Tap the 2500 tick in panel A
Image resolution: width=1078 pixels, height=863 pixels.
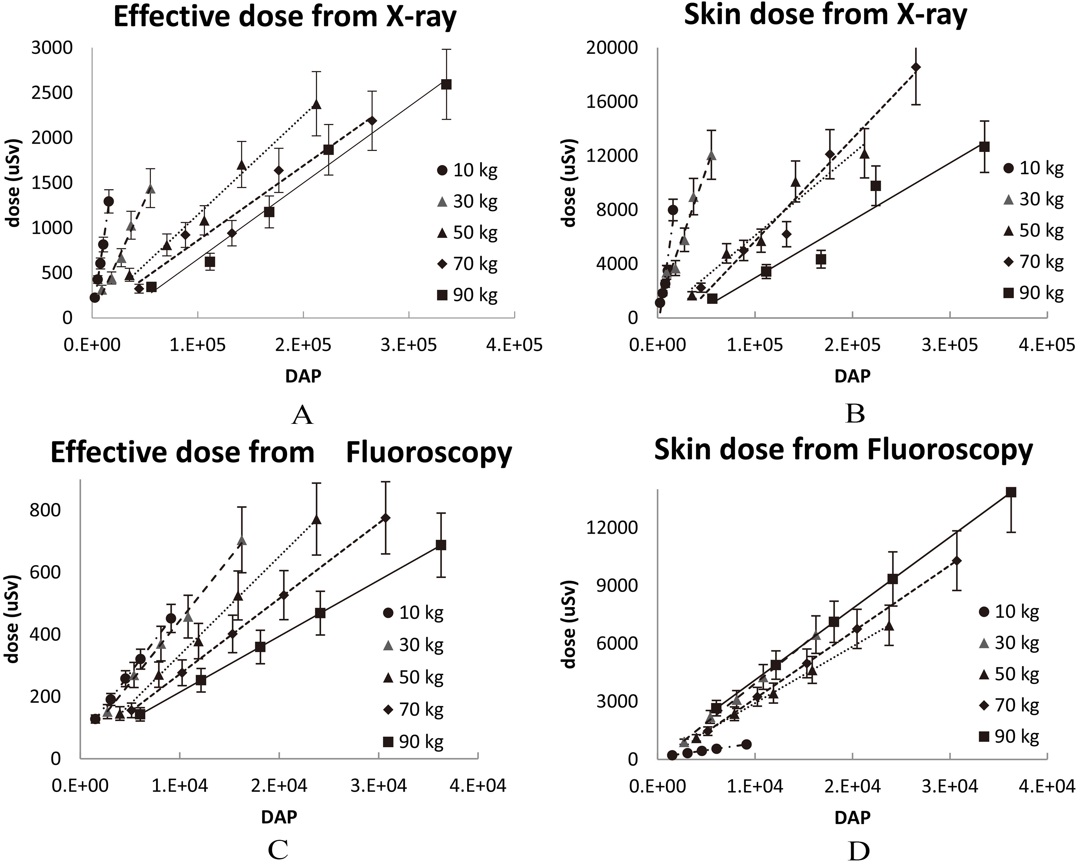click(52, 93)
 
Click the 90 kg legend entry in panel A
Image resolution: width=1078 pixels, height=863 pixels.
click(467, 295)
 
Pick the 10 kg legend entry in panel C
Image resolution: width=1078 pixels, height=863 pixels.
click(413, 613)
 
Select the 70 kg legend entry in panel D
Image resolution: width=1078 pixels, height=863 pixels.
click(1009, 706)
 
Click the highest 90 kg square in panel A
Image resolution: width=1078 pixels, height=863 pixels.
click(447, 84)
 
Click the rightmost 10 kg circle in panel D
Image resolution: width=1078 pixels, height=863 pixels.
click(746, 745)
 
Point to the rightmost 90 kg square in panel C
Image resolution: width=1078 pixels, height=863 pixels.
click(440, 545)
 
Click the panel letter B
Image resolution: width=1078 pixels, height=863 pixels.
click(855, 414)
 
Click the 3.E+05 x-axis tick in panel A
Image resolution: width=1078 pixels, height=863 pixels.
click(409, 345)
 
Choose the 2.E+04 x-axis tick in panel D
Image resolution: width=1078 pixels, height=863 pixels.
click(852, 786)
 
